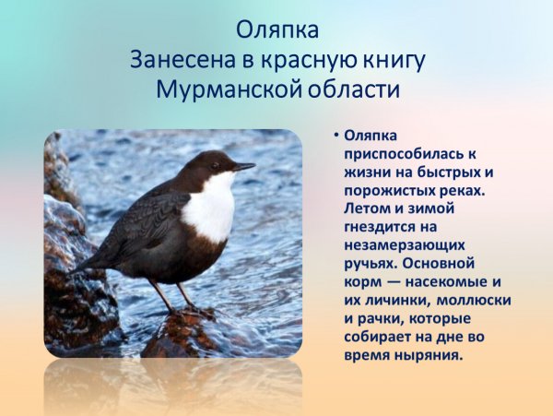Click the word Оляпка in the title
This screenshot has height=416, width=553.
[x=276, y=30]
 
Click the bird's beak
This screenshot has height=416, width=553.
[x=244, y=167]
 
